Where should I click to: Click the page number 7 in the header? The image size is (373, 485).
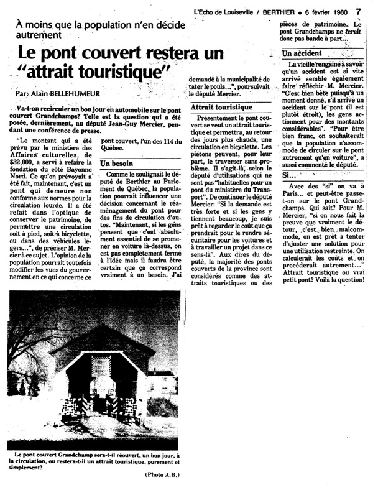coord(359,11)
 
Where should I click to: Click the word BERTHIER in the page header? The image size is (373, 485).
coord(269,11)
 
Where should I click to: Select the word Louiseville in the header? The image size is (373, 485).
coord(231,11)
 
